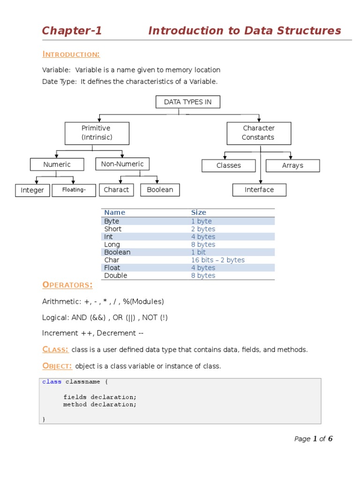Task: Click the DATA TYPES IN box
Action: click(187, 102)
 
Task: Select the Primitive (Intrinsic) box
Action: click(97, 133)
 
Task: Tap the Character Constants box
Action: click(259, 133)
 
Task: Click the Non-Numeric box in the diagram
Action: click(122, 164)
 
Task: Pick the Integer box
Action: click(32, 190)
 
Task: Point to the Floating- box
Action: click(74, 190)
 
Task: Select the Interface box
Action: click(259, 190)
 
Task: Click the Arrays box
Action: click(292, 165)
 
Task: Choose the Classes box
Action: click(229, 165)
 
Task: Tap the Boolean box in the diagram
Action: click(160, 190)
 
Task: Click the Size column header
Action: click(198, 212)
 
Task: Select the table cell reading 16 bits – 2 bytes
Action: click(217, 260)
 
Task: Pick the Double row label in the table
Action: click(115, 276)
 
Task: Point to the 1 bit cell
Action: click(198, 252)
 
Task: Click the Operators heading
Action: click(67, 285)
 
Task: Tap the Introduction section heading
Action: click(71, 54)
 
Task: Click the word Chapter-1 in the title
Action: click(72, 31)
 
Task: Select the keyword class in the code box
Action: click(52, 382)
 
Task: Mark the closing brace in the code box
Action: click(44, 420)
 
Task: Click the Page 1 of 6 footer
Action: click(313, 439)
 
